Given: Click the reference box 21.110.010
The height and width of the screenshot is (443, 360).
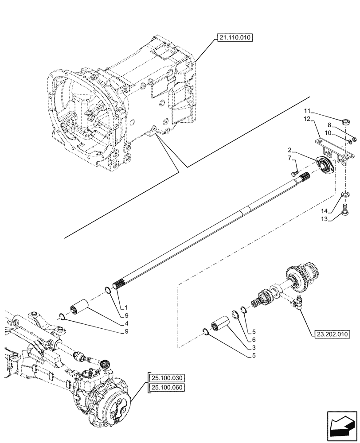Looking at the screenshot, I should click(x=234, y=38).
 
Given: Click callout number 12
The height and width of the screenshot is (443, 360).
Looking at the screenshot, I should click(x=306, y=118).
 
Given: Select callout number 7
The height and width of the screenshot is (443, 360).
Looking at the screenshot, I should click(x=289, y=158).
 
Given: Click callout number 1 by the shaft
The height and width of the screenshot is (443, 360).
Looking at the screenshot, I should click(x=126, y=307).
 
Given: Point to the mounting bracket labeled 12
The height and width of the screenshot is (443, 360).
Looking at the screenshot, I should click(x=334, y=148).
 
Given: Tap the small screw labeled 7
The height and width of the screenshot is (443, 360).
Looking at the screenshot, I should click(x=295, y=174).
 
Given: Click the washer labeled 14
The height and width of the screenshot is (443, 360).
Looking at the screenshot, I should click(x=345, y=194).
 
